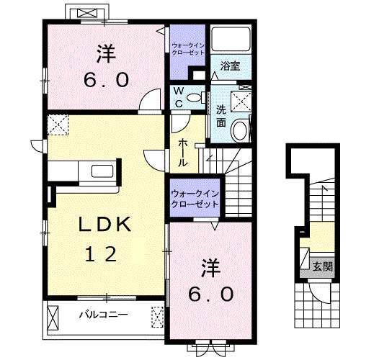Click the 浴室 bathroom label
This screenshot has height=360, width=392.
[230, 66]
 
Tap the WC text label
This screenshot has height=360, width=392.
[177, 97]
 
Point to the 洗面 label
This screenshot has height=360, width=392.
[221, 116]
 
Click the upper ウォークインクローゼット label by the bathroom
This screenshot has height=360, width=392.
[189, 48]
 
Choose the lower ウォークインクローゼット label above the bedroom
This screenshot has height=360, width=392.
[195, 198]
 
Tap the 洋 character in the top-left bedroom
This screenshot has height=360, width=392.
[106, 52]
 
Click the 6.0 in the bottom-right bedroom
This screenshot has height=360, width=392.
[212, 293]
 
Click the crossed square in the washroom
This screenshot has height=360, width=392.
[242, 100]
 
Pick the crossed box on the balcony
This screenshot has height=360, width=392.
[158, 315]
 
